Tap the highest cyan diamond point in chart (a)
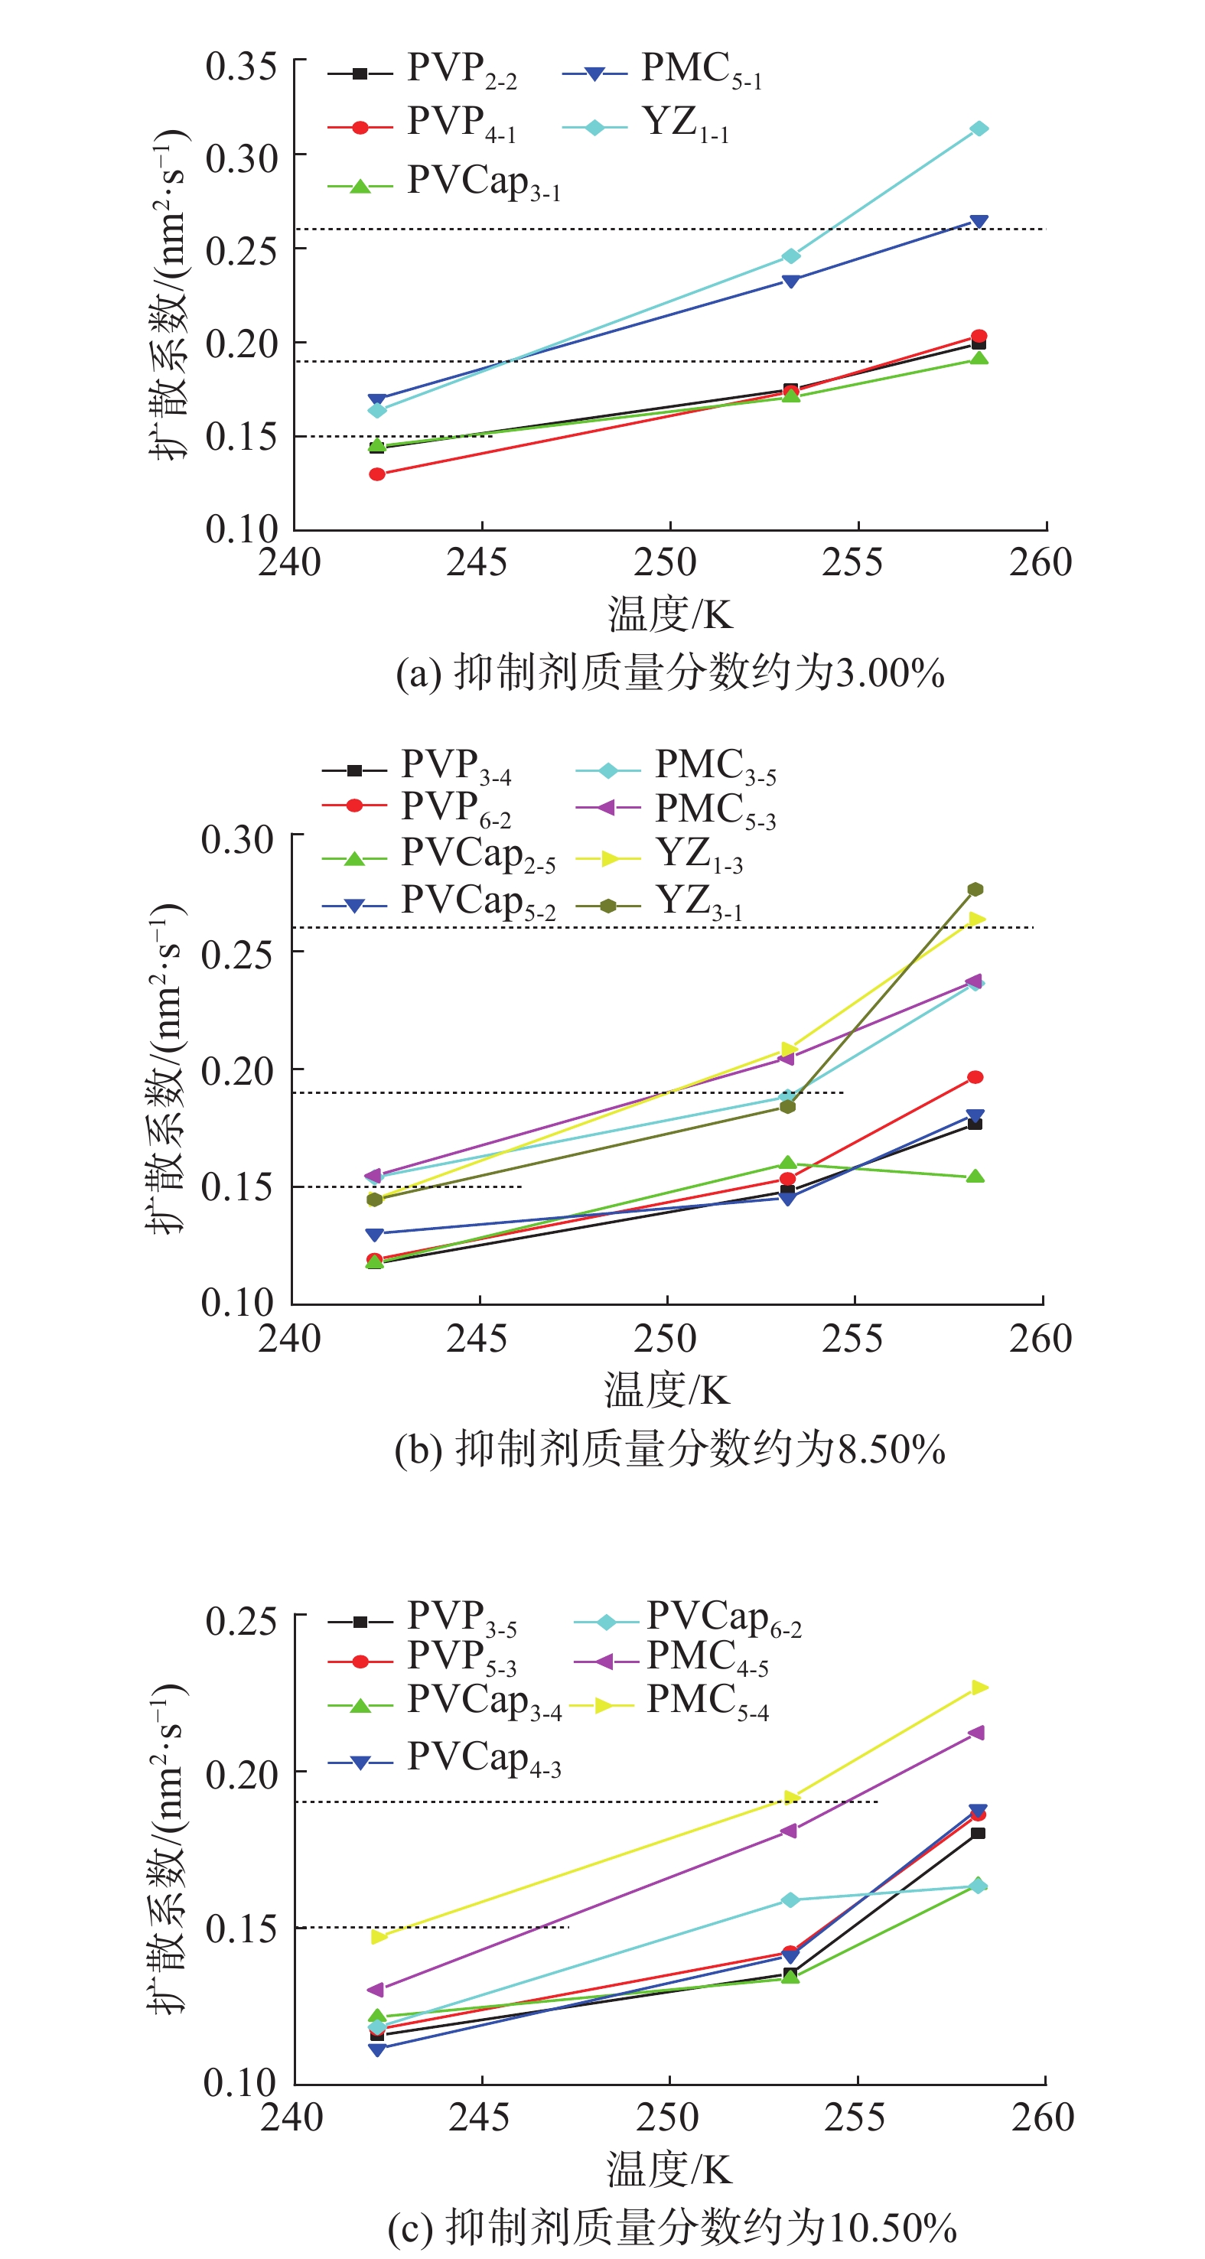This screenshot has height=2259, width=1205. coord(979,129)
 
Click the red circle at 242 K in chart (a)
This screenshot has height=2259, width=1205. coord(377,474)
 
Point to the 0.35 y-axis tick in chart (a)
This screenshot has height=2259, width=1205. coord(241,67)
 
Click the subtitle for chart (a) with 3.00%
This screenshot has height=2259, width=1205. coord(670,673)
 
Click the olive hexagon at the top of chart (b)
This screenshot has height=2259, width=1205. coord(975,889)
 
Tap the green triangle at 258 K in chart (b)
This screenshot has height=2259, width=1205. coord(975,1177)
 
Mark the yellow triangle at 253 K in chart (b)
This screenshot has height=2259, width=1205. coord(787,1050)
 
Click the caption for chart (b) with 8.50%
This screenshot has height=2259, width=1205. coord(670,1450)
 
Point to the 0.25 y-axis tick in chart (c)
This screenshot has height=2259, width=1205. coord(241,1620)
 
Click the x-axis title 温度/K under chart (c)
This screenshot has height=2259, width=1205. coord(668,2168)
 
